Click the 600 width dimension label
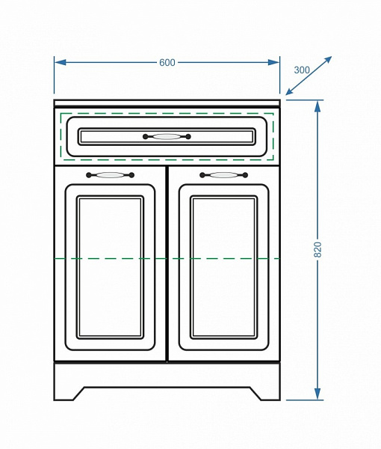point(167,62)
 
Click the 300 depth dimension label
point(302,70)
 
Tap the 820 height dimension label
point(317,249)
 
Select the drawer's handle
point(167,137)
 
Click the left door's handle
point(110,175)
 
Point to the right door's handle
point(224,175)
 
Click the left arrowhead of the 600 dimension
point(60,62)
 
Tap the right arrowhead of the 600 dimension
point(273,62)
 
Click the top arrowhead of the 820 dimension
point(317,106)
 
